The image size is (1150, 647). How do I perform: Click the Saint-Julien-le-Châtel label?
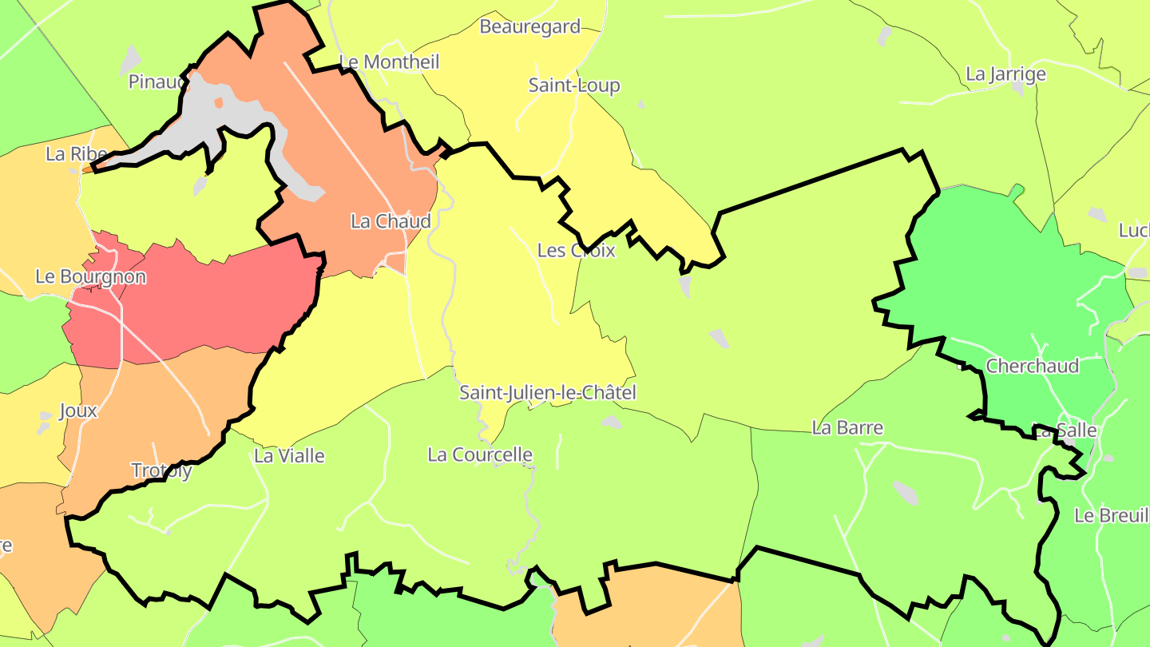coord(548,393)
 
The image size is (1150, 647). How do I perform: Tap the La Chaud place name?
coord(391,221)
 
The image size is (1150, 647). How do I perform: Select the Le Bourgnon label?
coord(90,277)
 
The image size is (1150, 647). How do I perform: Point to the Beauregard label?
coord(529,26)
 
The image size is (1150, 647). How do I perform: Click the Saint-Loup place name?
coord(574,85)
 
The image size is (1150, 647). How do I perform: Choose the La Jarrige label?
coord(1005,74)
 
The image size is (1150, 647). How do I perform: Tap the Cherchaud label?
coord(1032,366)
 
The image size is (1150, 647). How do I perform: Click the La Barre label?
coord(847,427)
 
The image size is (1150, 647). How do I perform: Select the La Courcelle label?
coord(480,455)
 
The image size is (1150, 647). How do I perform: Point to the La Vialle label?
coord(289,456)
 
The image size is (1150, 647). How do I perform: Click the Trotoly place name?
coord(161,470)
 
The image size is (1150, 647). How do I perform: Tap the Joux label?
coord(78,411)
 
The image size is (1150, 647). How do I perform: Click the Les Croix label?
coord(576,251)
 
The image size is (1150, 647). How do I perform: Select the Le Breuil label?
coord(1111,515)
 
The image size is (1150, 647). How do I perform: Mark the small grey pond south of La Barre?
coord(905,492)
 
